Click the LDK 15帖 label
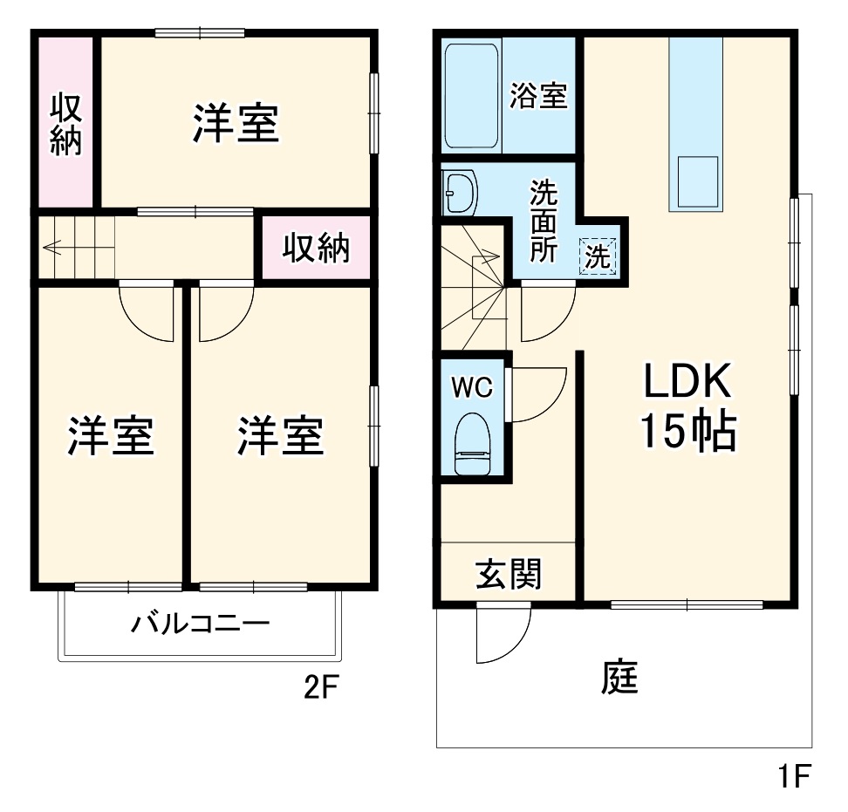687,406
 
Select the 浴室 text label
538,96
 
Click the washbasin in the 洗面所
459,191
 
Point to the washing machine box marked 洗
598,256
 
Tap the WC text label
472,386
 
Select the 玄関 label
508,574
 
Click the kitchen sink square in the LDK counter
697,181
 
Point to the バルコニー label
201,624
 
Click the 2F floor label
320,689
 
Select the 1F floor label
796,774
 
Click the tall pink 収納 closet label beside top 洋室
65,124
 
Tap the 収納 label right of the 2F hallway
316,249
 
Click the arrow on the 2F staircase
54,247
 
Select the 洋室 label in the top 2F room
236,124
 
